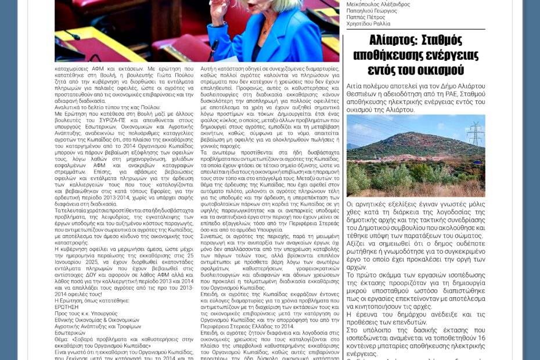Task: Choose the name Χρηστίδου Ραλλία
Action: point(369,24)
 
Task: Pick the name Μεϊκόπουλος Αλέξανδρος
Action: point(378,4)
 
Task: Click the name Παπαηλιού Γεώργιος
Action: point(372,10)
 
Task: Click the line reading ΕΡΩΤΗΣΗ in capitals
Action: point(68,307)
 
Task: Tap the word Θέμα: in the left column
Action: point(63,339)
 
